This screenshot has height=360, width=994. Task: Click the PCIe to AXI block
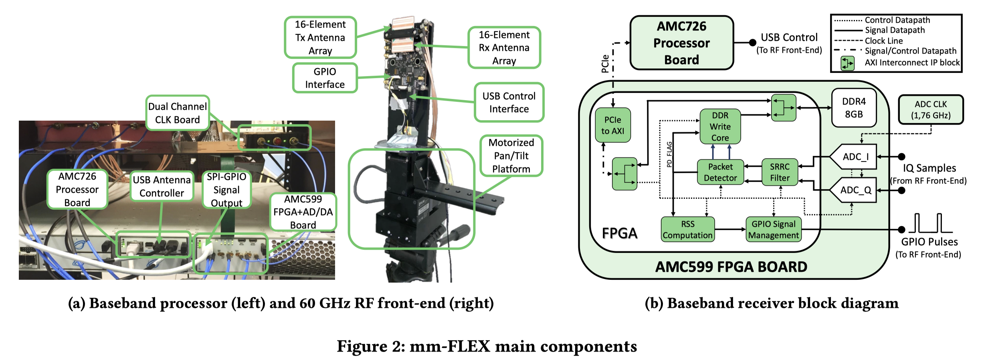612,125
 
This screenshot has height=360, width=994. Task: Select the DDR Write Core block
720,126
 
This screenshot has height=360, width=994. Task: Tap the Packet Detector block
720,172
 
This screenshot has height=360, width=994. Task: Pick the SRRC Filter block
780,172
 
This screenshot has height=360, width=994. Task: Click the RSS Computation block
687,229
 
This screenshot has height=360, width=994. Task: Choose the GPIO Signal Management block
774,229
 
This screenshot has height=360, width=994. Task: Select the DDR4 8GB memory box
854,108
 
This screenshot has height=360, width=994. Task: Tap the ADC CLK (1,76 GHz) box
930,109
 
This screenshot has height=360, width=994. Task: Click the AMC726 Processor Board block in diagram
681,43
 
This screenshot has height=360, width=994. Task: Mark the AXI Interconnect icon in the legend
847,63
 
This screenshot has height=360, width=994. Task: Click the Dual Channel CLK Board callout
178,113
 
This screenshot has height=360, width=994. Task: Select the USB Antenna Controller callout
162,186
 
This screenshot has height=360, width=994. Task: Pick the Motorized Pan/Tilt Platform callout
511,156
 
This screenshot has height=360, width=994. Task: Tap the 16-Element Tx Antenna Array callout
320,37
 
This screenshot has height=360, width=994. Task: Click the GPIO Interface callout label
325,78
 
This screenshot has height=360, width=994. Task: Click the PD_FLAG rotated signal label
669,154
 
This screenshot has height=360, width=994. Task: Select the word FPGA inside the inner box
619,233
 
